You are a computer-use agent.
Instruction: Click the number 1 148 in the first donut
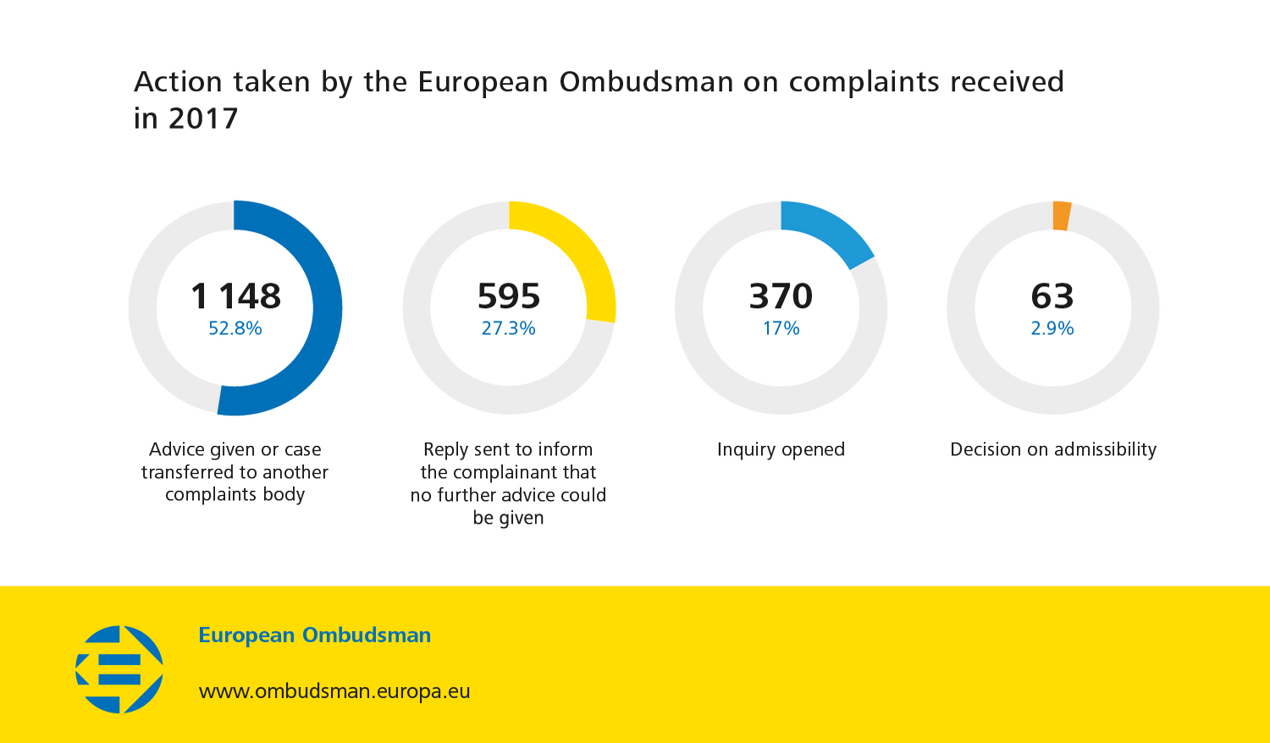click(x=235, y=296)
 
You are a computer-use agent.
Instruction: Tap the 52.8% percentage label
click(x=235, y=328)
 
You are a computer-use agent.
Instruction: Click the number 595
click(x=508, y=296)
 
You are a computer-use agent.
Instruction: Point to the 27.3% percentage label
click(x=508, y=328)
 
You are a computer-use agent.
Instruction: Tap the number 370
click(x=781, y=296)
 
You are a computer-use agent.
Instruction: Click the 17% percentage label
click(x=781, y=328)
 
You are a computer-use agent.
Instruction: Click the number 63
click(x=1052, y=296)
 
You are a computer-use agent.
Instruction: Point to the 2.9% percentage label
click(x=1052, y=328)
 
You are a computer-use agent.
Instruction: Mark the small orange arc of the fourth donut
click(x=1062, y=216)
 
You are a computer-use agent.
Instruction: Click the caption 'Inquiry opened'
click(x=781, y=449)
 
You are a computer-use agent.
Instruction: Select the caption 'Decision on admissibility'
click(x=1052, y=449)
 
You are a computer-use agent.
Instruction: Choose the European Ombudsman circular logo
click(x=119, y=669)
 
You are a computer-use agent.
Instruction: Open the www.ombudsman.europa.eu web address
click(x=334, y=691)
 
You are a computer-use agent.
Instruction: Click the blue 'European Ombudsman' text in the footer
click(x=314, y=635)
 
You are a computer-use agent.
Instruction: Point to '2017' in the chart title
click(x=203, y=118)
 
